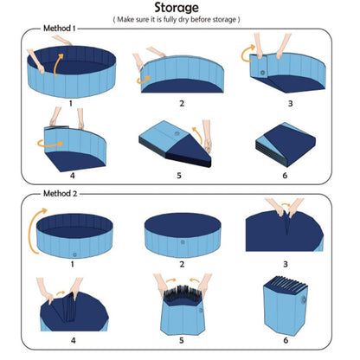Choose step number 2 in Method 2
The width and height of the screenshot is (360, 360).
(182, 263)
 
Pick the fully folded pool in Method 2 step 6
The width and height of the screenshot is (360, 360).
(286, 307)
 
